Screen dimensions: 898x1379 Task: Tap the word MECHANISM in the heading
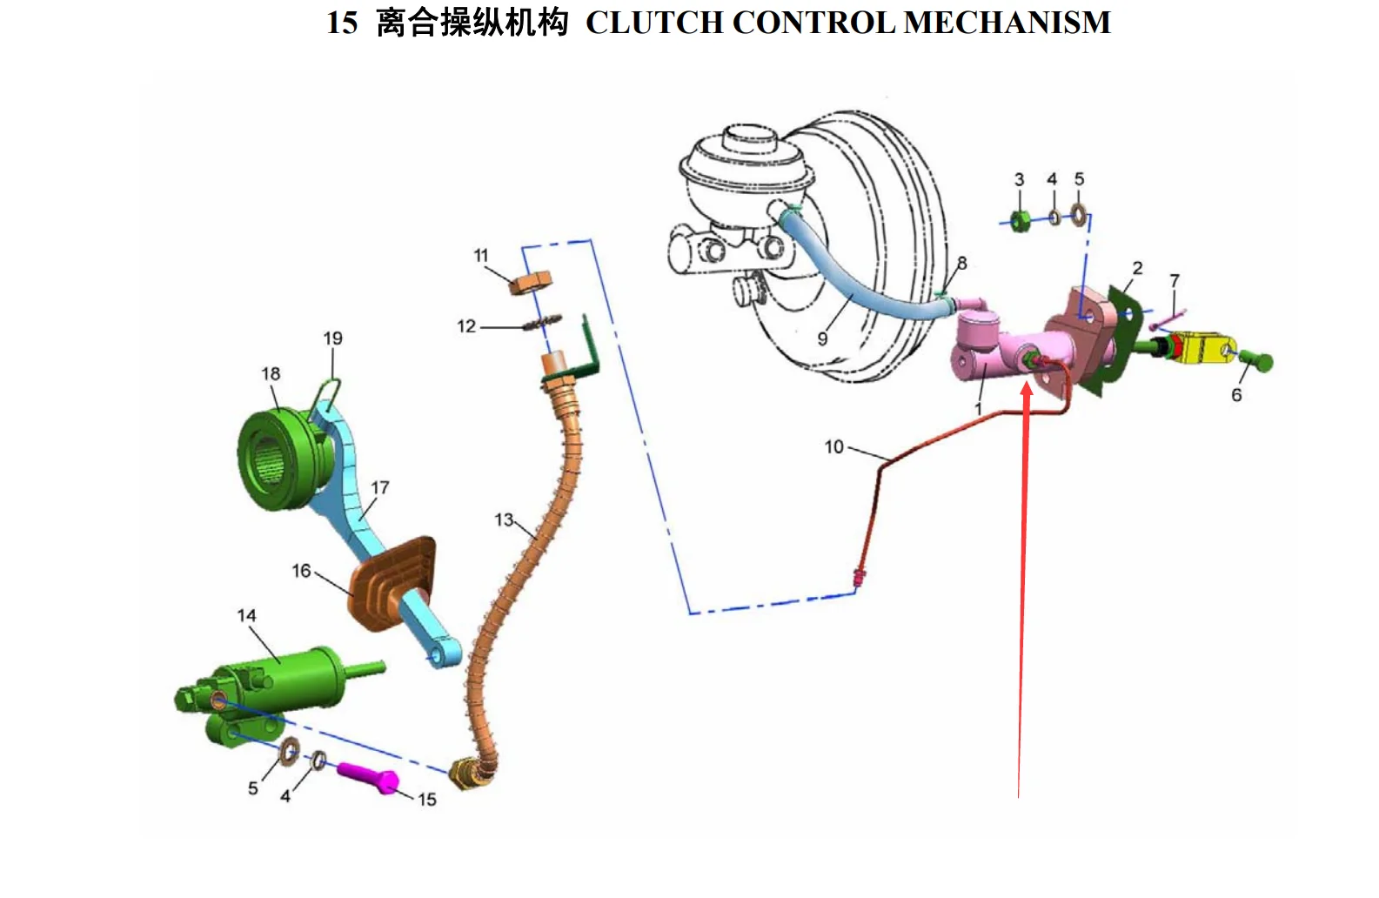point(1007,23)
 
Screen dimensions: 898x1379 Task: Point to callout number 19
point(332,338)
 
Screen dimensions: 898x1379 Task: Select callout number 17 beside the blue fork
point(380,487)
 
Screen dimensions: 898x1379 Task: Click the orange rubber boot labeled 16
point(392,580)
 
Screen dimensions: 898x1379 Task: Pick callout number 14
point(246,616)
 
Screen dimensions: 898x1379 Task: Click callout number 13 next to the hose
point(504,520)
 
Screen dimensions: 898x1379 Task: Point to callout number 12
point(466,326)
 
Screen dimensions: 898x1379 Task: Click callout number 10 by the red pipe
point(834,447)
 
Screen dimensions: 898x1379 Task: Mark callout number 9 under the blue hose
point(823,338)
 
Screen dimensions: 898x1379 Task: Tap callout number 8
point(961,263)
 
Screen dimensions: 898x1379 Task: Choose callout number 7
point(1175,280)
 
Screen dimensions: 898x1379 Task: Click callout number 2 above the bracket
point(1137,268)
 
